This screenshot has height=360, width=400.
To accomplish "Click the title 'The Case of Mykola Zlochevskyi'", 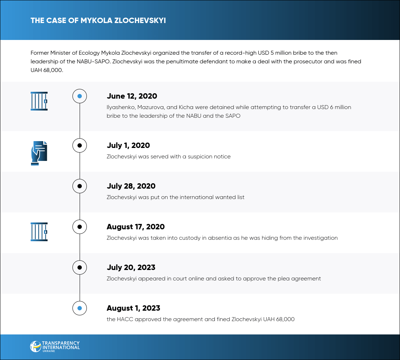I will point(98,20).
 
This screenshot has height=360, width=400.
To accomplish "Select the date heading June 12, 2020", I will point(132,96).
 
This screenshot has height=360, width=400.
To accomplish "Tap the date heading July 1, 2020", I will point(128,145).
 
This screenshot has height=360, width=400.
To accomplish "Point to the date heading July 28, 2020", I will point(131,186).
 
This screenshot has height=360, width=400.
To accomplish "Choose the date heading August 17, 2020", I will point(135,227).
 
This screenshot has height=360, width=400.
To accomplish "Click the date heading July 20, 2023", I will point(131,267).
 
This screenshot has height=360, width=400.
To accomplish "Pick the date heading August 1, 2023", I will point(133,308).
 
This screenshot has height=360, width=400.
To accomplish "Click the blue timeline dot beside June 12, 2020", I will point(80,96).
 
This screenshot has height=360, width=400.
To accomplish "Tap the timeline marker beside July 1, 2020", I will point(80,145).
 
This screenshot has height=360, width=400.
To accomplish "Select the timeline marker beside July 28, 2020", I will point(80,186).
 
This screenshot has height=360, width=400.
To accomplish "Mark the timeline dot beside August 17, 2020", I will point(80,227).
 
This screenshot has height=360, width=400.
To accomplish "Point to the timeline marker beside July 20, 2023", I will point(80,267).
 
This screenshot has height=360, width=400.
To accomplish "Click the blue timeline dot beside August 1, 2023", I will point(80,308).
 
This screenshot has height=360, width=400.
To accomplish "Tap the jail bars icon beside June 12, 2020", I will point(39,101).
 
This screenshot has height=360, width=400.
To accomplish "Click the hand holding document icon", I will point(39,153).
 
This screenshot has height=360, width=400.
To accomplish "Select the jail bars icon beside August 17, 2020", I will point(39,232).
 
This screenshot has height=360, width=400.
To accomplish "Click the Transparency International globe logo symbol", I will point(35,346).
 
